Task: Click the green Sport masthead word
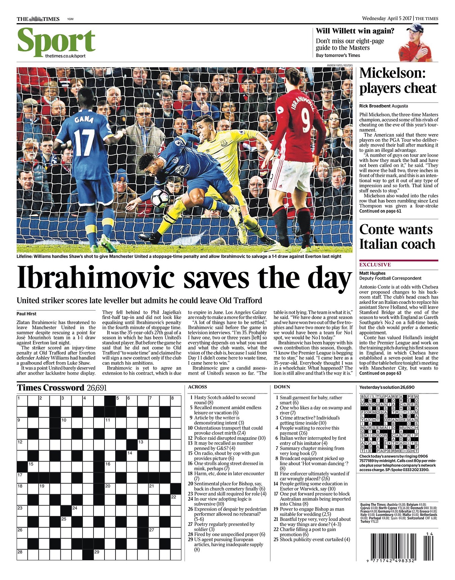pyautogui.click(x=56, y=41)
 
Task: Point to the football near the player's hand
pyautogui.click(x=160, y=198)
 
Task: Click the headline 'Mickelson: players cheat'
pyautogui.click(x=398, y=81)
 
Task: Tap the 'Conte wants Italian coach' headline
pyautogui.click(x=397, y=237)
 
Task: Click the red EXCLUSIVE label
pyautogui.click(x=375, y=265)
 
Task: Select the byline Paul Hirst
pyautogui.click(x=26, y=314)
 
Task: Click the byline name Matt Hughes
pyautogui.click(x=372, y=273)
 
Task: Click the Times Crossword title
pyautogui.click(x=50, y=388)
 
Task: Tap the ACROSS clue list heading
pyautogui.click(x=197, y=387)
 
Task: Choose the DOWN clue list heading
pyautogui.click(x=282, y=387)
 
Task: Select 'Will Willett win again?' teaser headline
pyautogui.click(x=355, y=31)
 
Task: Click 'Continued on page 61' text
pyautogui.click(x=380, y=211)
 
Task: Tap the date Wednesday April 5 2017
pyautogui.click(x=387, y=19)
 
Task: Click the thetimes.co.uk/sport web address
pyautogui.click(x=65, y=56)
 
